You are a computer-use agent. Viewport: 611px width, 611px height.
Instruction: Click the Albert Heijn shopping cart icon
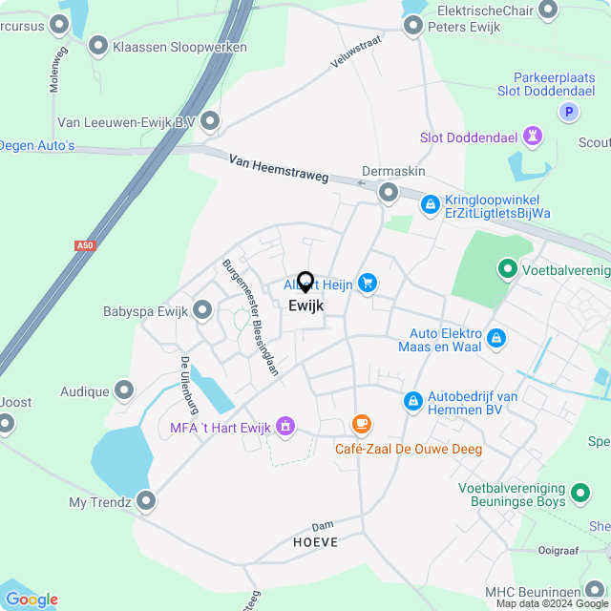click(368, 283)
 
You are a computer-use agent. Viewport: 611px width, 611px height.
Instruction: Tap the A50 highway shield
click(86, 245)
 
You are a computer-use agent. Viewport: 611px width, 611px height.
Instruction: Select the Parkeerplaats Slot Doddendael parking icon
click(569, 113)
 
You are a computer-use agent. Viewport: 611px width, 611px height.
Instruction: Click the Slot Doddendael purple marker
click(534, 137)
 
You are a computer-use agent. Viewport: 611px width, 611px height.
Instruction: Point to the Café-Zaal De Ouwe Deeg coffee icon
click(361, 424)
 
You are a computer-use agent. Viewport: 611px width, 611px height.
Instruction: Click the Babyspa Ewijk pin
click(202, 309)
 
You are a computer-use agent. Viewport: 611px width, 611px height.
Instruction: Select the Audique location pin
click(124, 390)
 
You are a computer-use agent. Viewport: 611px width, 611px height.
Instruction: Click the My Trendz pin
click(146, 500)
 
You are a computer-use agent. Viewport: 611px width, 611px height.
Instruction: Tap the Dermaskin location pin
click(389, 193)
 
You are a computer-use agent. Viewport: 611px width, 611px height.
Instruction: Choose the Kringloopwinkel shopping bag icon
click(430, 204)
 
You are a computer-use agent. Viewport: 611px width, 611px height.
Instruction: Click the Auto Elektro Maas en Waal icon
click(495, 337)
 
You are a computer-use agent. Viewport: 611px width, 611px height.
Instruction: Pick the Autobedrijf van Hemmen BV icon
click(412, 402)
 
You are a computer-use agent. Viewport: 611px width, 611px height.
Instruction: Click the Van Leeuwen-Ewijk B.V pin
click(210, 121)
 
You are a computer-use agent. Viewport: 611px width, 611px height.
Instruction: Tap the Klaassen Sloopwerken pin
click(98, 45)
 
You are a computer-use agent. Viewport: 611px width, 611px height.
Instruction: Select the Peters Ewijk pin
click(413, 25)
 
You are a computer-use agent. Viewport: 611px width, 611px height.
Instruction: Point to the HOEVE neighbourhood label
click(308, 541)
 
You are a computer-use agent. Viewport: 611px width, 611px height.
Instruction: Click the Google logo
click(32, 600)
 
